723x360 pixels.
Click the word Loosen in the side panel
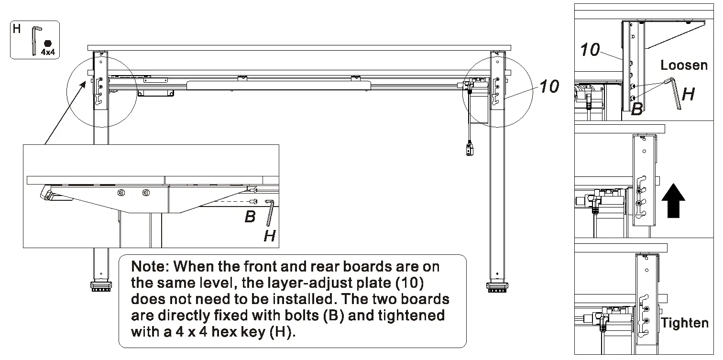[x=684, y=65]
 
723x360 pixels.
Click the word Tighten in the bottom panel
[x=684, y=323]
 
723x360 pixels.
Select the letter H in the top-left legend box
[x=17, y=29]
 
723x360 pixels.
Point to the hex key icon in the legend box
[x=34, y=41]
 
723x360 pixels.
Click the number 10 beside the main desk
[x=549, y=87]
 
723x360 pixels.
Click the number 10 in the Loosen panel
[x=590, y=49]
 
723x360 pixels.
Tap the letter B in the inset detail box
[x=250, y=217]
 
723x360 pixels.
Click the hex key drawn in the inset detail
[x=270, y=213]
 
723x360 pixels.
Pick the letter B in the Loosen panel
[x=636, y=109]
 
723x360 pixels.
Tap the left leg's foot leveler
[x=100, y=287]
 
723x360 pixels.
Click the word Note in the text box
[x=148, y=266]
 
